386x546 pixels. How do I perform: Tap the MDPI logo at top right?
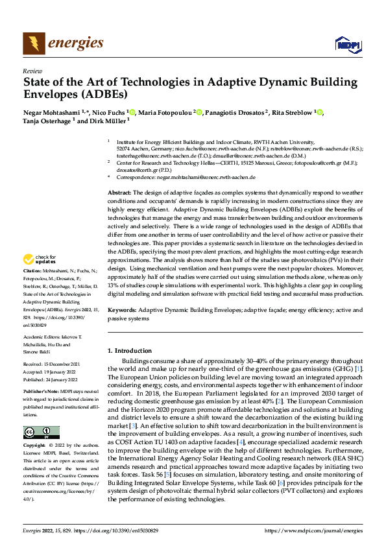tap(347, 44)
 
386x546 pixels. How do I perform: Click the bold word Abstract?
tap(119, 193)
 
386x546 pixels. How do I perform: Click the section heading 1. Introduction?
tap(130, 351)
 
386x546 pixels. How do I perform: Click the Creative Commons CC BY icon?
tap(41, 433)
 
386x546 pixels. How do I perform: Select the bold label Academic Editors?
tap(43, 337)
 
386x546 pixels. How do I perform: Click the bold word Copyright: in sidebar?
tap(35, 446)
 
